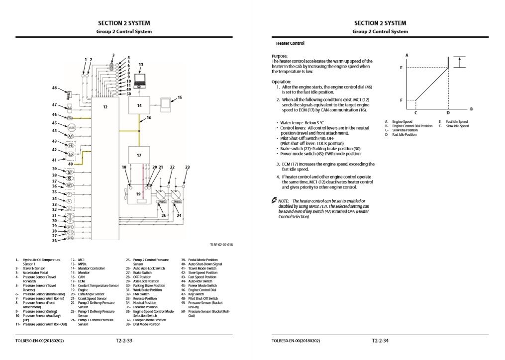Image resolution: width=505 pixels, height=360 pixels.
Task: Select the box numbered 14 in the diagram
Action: [139, 105]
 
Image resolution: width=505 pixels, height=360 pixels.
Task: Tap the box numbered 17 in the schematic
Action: [139, 155]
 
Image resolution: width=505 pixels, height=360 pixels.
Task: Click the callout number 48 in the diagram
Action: [54, 88]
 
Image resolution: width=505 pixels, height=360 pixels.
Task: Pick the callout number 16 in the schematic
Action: [149, 118]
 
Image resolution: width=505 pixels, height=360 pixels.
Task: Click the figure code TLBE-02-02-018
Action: [221, 245]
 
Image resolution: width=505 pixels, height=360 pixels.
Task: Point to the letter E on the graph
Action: [401, 67]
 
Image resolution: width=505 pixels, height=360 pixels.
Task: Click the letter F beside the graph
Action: [401, 100]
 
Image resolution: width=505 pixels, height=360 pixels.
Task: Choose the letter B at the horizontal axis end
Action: [471, 109]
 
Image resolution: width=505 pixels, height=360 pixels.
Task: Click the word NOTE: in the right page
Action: [286, 200]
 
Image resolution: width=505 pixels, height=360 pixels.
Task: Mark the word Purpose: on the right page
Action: [280, 56]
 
